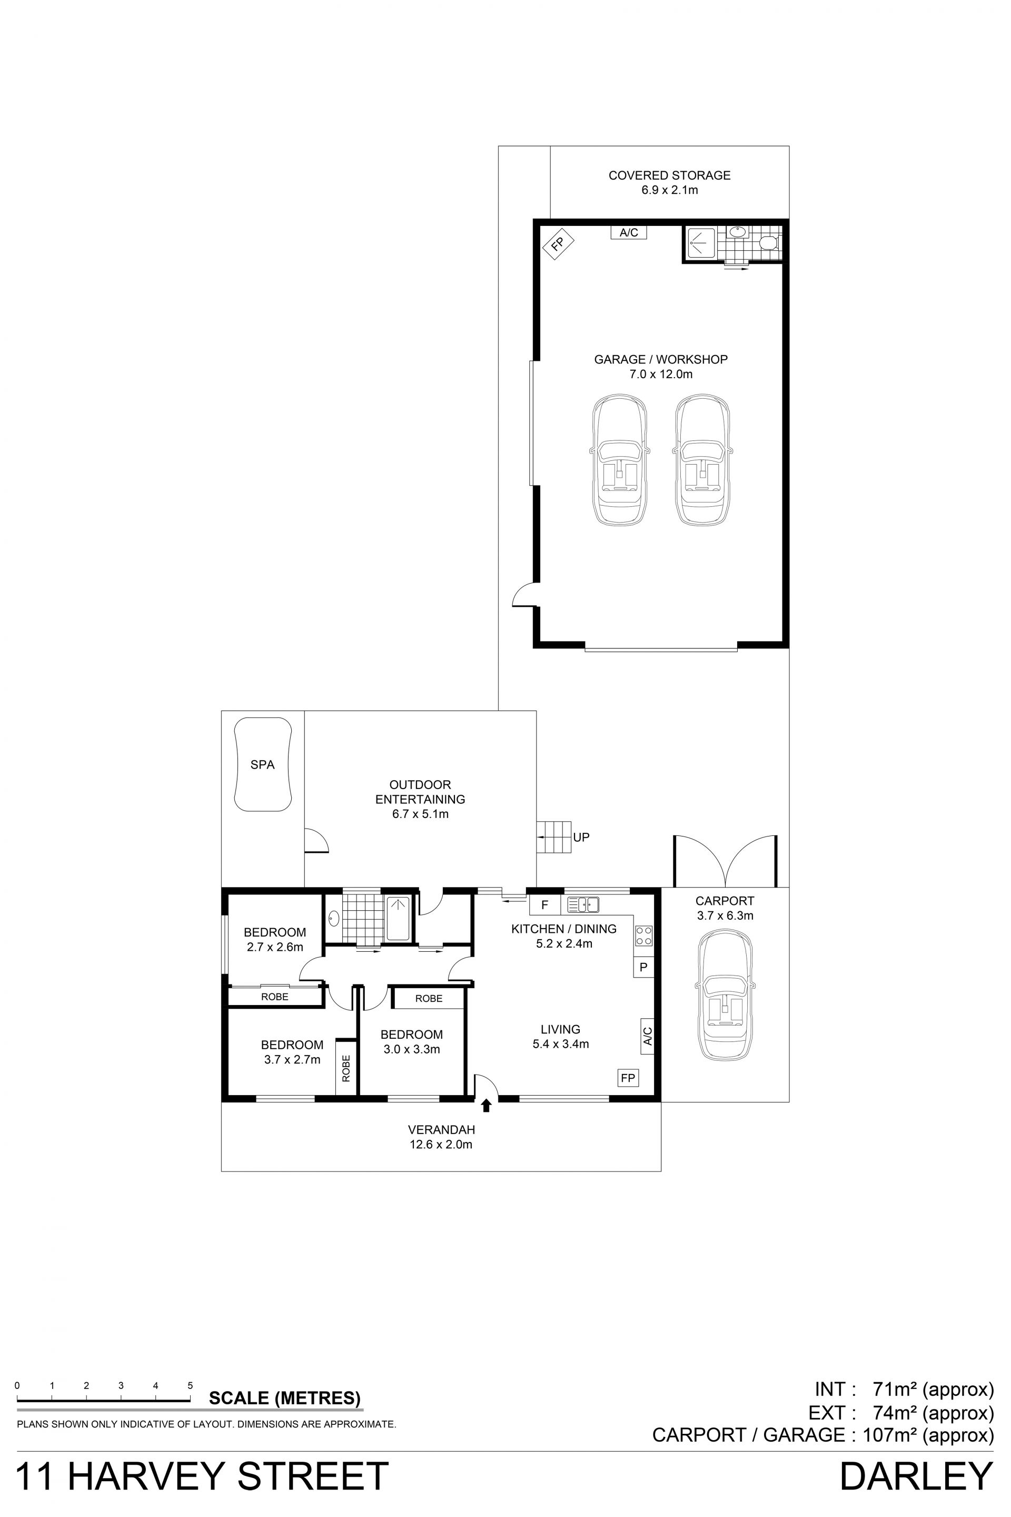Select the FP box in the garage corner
coord(558,244)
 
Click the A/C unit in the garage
coord(629,233)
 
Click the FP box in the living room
coord(627,1078)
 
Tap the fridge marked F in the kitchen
coord(545,905)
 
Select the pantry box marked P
coord(643,968)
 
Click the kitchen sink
coord(583,905)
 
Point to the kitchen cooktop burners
coord(644,936)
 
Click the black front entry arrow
coord(487,1106)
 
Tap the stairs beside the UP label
coord(554,837)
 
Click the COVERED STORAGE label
coord(669,175)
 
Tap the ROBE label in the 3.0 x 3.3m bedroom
coord(429,999)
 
